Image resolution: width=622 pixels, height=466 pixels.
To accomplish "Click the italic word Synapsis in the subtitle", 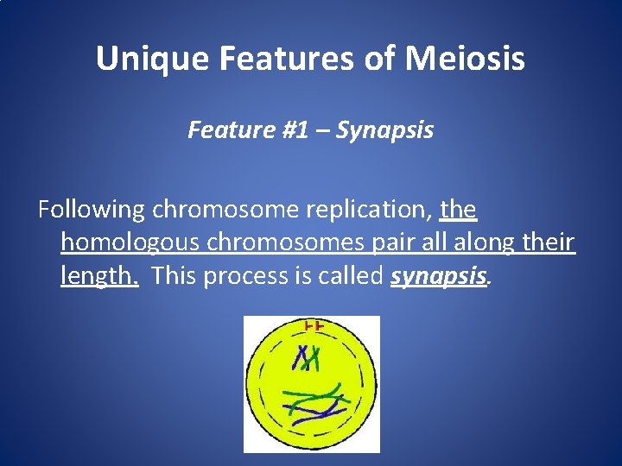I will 384,130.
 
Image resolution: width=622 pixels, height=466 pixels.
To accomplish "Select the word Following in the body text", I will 92,210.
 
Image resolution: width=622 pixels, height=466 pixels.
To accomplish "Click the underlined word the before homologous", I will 459,210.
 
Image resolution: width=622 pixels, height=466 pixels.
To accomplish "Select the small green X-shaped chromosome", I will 314,356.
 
